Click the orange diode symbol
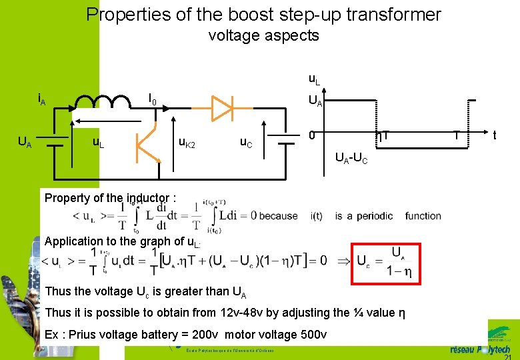[221, 105]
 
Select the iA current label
[41, 100]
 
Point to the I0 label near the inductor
[153, 101]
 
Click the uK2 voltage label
[187, 142]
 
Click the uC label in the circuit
[247, 142]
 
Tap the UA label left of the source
[24, 142]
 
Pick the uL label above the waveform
[314, 79]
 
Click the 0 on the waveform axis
[312, 135]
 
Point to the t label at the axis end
[494, 135]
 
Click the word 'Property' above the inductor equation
[65, 198]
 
